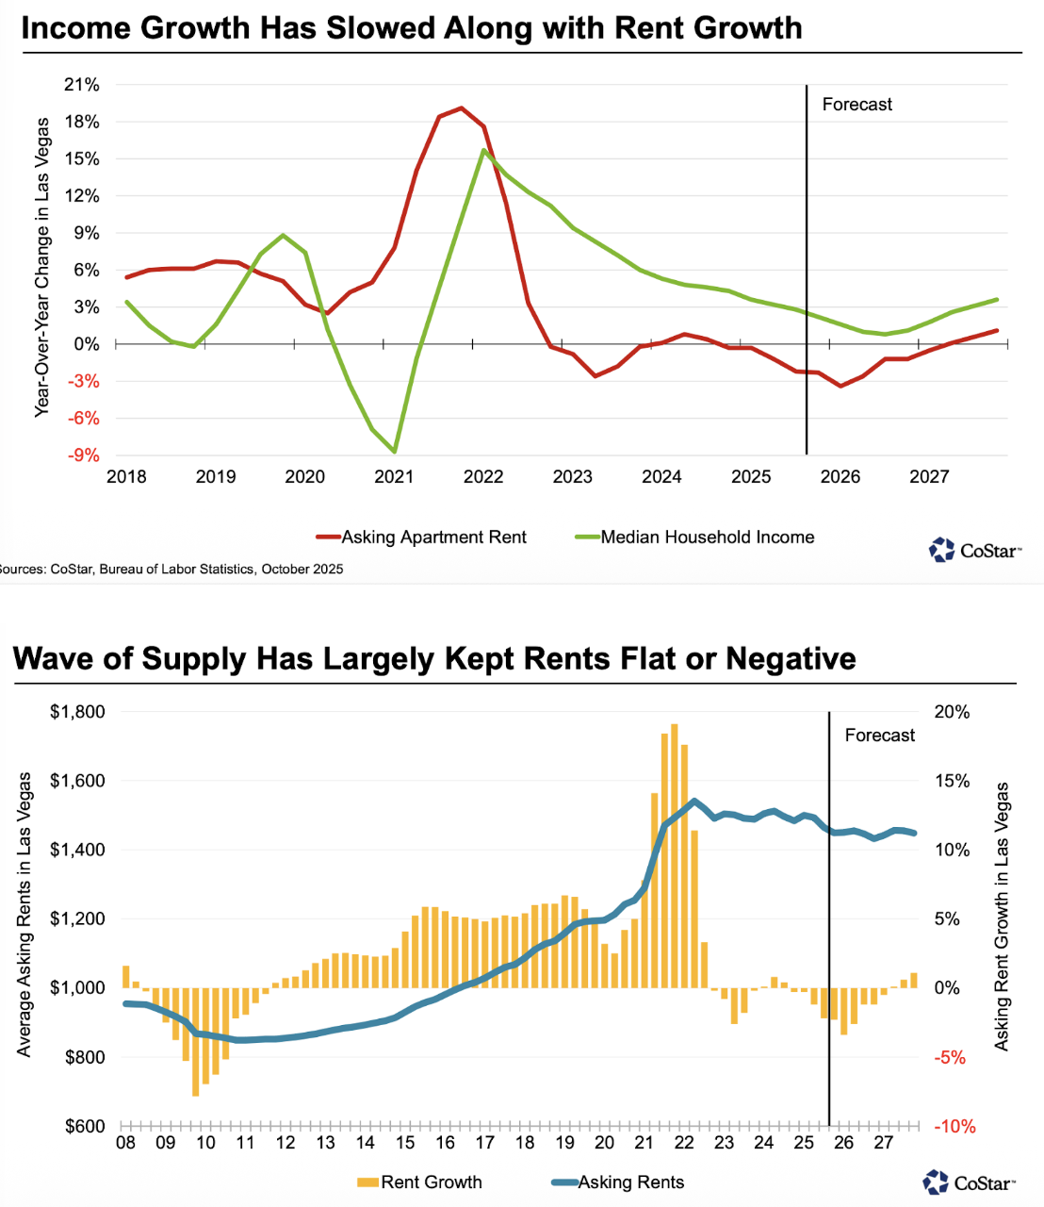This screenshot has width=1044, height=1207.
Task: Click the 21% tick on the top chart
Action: pyautogui.click(x=81, y=85)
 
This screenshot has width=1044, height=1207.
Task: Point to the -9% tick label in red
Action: pyautogui.click(x=82, y=455)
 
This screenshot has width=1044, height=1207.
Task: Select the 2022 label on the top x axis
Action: pyautogui.click(x=483, y=477)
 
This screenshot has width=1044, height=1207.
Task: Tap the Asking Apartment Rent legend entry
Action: pyautogui.click(x=433, y=537)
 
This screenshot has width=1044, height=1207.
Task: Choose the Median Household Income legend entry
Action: pyautogui.click(x=707, y=537)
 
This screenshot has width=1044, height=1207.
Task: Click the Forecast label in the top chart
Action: pyautogui.click(x=856, y=105)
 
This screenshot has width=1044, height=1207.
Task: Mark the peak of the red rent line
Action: pyautogui.click(x=461, y=107)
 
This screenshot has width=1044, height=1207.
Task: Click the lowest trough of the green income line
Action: pyautogui.click(x=394, y=452)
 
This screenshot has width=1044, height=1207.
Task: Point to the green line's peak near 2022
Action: pyautogui.click(x=483, y=150)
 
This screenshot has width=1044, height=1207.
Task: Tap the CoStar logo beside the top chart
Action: pyautogui.click(x=974, y=550)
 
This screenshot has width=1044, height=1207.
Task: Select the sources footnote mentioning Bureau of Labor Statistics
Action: pyautogui.click(x=170, y=569)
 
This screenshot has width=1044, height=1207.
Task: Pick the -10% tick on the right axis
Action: pyautogui.click(x=954, y=1127)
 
